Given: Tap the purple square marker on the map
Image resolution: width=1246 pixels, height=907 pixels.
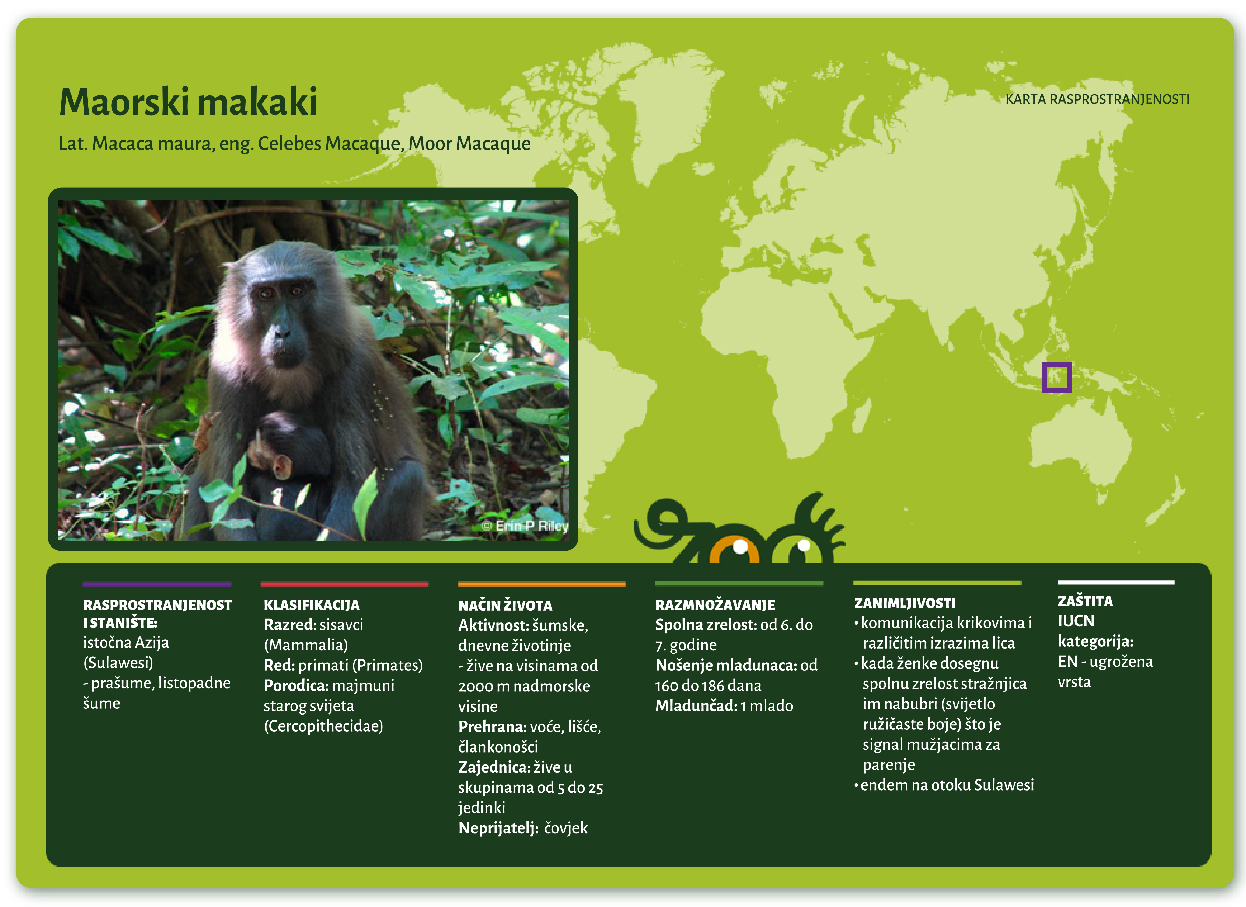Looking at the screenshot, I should [x=1056, y=378].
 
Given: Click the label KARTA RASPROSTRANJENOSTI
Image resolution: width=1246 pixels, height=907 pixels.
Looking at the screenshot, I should [x=1097, y=99].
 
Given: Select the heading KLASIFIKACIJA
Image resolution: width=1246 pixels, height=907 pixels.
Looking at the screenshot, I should [x=312, y=605].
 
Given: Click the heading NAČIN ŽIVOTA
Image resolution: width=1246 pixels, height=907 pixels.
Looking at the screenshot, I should [x=505, y=606].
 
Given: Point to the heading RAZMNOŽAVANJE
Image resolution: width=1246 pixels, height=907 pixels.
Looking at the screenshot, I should [x=715, y=605].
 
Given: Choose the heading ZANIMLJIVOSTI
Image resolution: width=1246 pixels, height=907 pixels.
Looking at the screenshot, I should [x=904, y=603].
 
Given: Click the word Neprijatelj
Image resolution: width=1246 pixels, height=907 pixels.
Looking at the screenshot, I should [x=498, y=828].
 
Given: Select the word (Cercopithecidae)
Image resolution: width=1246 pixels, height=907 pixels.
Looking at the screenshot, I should [x=323, y=726].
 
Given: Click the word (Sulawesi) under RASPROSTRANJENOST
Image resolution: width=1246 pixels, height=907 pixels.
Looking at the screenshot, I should [x=118, y=663].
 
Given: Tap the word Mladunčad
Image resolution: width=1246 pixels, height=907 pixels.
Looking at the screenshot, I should [x=696, y=706].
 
